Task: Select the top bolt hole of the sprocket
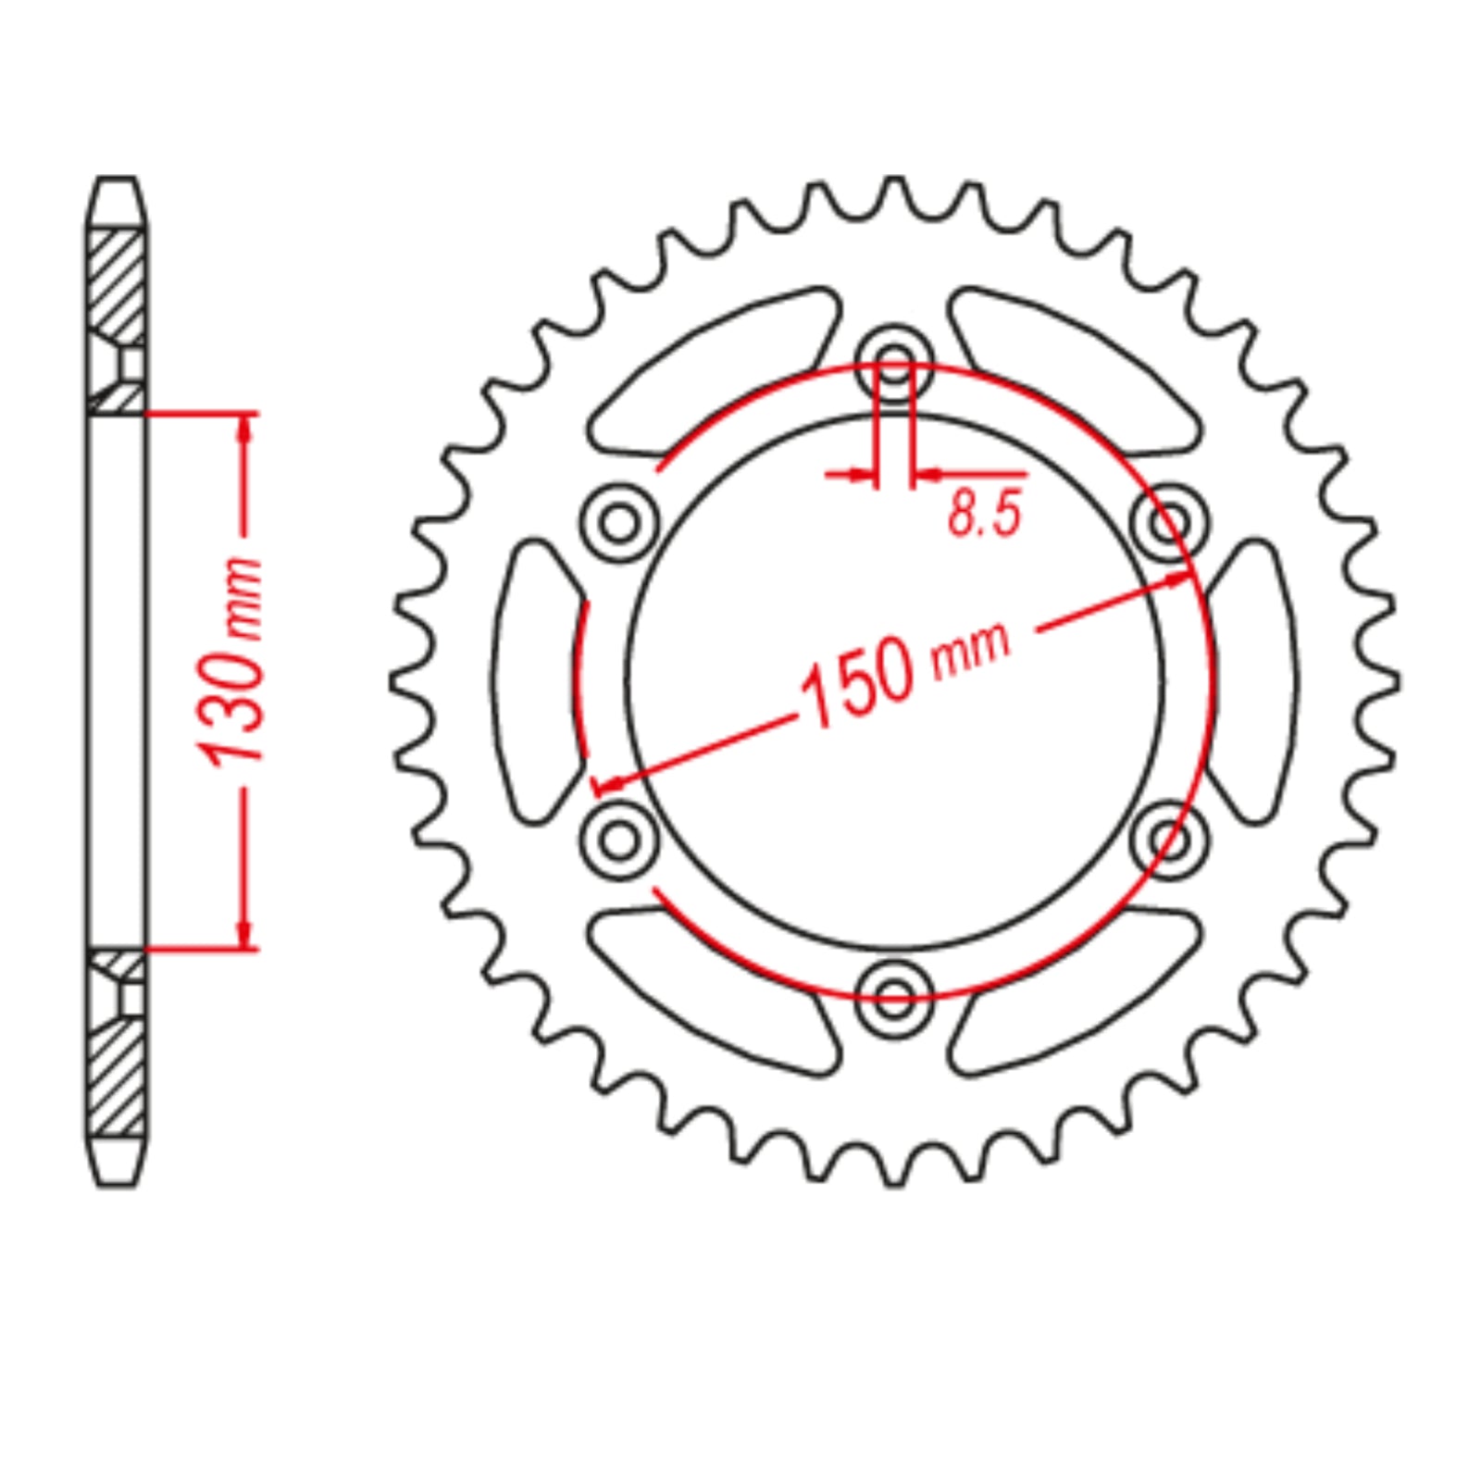(894, 363)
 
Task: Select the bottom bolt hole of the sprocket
(894, 998)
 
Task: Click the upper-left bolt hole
(619, 523)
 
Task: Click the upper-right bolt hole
(1170, 523)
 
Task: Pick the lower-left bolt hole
(619, 840)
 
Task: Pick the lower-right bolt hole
(1170, 840)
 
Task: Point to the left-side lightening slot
(537, 680)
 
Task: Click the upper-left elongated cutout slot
(713, 370)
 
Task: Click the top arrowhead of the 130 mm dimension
(244, 426)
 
